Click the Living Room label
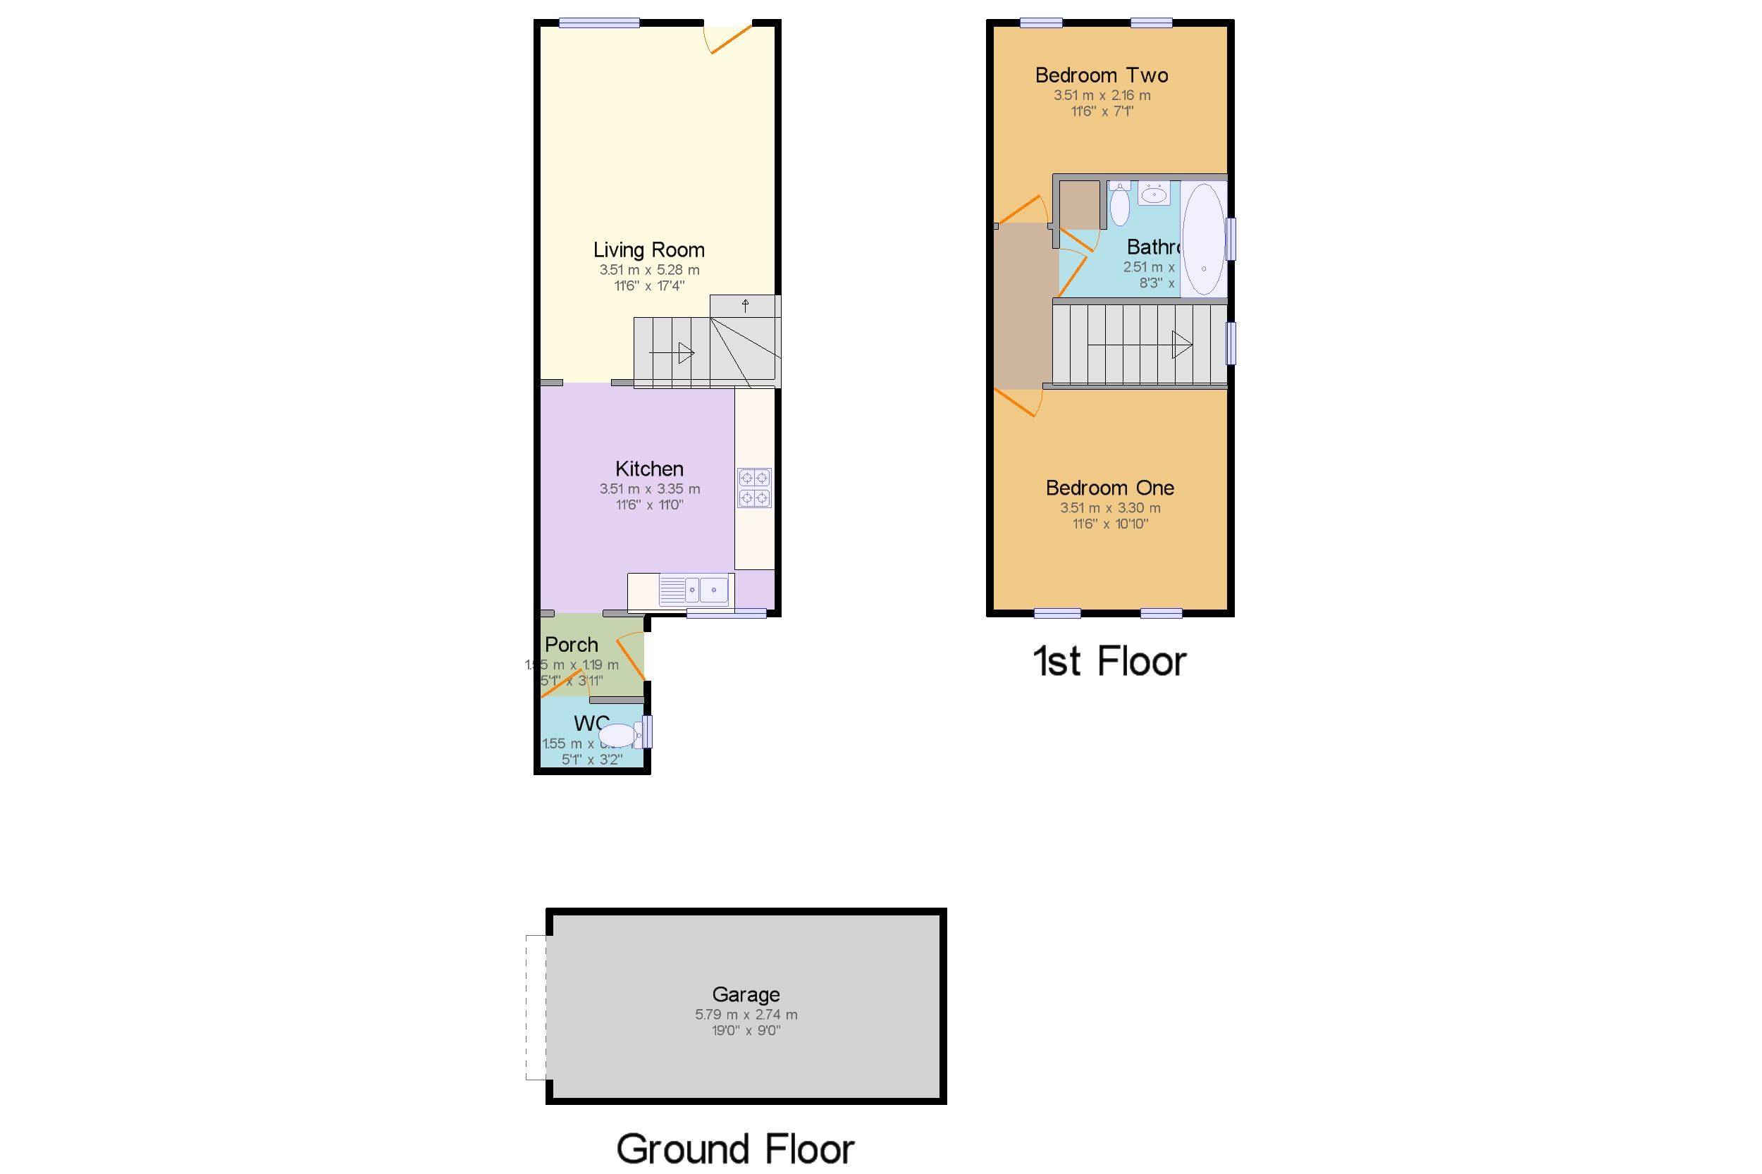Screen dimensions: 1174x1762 click(648, 250)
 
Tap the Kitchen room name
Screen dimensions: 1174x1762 click(648, 469)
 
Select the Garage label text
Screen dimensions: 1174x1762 click(745, 994)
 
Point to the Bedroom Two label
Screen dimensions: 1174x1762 click(1101, 75)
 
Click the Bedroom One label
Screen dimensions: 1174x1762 click(1109, 488)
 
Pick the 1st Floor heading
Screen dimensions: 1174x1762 click(1109, 662)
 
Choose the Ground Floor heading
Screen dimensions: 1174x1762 click(734, 1149)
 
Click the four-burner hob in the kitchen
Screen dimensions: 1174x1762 click(753, 488)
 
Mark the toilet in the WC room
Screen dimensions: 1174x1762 click(619, 735)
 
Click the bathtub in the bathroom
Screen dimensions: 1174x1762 click(1202, 240)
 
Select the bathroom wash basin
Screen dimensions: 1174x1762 click(1153, 194)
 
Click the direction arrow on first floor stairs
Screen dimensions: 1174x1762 click(1181, 345)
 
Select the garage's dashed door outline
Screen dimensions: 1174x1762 click(536, 1007)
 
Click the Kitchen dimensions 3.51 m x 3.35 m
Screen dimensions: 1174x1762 click(648, 489)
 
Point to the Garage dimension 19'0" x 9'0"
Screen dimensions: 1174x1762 click(745, 1031)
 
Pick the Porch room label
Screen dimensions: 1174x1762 click(571, 645)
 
